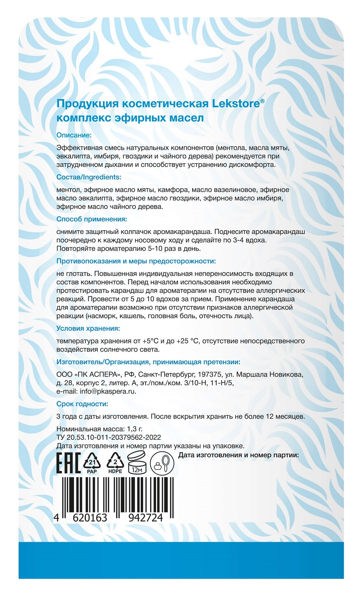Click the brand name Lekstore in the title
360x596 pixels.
click(236, 104)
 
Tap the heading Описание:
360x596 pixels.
click(74, 135)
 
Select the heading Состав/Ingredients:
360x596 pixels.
click(89, 177)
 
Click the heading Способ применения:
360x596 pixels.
click(92, 219)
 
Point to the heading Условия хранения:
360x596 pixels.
click(88, 328)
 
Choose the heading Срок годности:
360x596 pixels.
click(82, 404)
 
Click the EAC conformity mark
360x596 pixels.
click(68, 463)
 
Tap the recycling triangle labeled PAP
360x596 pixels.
click(92, 463)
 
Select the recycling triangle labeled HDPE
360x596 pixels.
click(115, 463)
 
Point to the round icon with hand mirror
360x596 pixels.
click(162, 463)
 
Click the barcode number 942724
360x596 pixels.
click(146, 518)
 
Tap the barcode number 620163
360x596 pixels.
click(90, 518)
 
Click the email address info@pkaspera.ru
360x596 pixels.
click(108, 391)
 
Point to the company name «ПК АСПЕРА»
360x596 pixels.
click(98, 374)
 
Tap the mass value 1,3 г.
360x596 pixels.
click(135, 429)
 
